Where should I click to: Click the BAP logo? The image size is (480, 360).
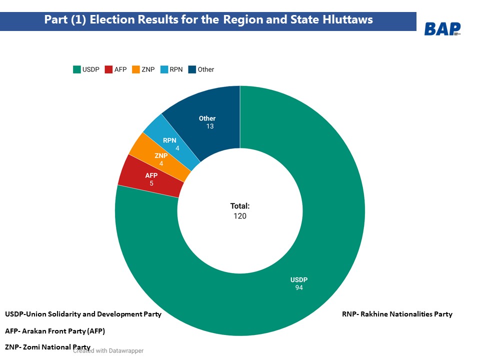(442, 29)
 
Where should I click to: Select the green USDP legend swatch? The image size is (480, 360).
(77, 69)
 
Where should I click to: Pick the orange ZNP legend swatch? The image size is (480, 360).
(136, 69)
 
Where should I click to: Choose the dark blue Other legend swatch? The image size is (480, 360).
(192, 69)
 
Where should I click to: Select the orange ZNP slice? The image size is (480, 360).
(161, 159)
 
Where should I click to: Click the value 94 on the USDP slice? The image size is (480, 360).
(299, 287)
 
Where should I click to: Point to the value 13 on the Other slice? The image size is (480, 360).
(210, 126)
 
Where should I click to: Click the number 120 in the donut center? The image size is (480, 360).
(239, 216)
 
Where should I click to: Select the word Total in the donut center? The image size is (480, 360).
(239, 206)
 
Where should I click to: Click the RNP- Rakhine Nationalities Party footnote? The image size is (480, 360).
(397, 314)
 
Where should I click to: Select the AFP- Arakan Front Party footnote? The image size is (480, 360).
(55, 331)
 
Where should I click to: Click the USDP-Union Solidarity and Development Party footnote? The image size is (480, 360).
(83, 314)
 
